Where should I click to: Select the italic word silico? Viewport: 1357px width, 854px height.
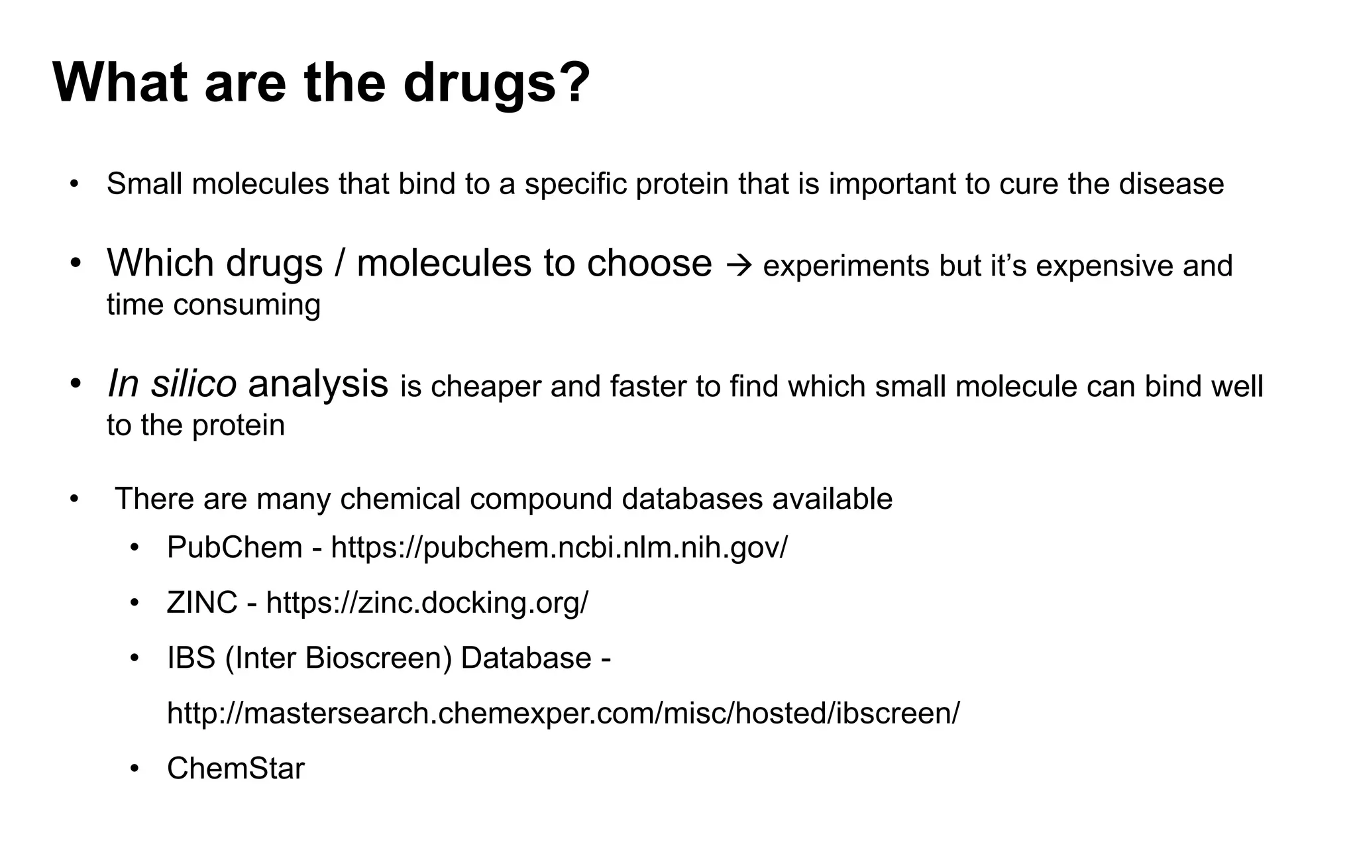click(x=193, y=384)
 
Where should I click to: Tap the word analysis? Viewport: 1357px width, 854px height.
click(x=318, y=384)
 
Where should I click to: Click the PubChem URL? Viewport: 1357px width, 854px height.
click(x=559, y=547)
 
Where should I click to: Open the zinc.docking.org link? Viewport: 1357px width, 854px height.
click(x=427, y=603)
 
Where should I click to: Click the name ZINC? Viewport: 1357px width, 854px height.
click(x=202, y=603)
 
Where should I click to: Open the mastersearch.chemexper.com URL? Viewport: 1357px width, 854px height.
click(x=563, y=713)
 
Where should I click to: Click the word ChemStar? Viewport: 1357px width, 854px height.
click(x=235, y=769)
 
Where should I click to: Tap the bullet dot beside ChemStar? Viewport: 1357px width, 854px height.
click(x=135, y=769)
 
